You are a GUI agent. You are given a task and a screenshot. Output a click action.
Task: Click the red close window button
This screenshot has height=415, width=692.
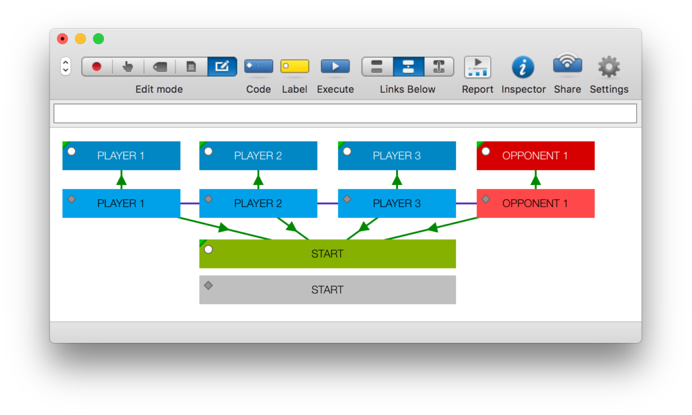click(62, 39)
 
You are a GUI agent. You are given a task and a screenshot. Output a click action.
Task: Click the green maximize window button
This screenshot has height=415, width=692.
click(99, 39)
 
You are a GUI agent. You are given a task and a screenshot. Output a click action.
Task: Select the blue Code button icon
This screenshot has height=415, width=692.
click(258, 66)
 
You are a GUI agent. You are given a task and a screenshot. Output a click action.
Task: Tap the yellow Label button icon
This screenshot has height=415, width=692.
click(295, 66)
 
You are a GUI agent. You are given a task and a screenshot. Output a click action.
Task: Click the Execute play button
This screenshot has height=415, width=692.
click(335, 66)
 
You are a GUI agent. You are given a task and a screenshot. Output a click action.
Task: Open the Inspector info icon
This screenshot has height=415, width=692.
click(523, 67)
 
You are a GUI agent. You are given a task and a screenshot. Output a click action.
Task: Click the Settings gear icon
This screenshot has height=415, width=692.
click(609, 67)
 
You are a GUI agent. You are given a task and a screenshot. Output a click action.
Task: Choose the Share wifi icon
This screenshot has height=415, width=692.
click(567, 65)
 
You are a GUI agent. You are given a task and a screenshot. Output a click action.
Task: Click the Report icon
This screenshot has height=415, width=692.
click(477, 67)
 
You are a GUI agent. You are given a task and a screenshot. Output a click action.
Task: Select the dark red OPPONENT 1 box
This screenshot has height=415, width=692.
click(536, 156)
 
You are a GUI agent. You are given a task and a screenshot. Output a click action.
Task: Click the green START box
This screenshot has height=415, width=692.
click(328, 254)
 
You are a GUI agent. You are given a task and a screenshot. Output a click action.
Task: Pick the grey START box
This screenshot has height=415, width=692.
click(328, 290)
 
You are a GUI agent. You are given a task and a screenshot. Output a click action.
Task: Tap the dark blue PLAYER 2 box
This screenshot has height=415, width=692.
click(258, 156)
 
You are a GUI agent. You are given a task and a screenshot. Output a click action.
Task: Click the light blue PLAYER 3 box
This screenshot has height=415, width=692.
click(397, 203)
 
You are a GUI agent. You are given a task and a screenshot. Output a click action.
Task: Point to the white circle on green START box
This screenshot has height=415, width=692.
click(208, 250)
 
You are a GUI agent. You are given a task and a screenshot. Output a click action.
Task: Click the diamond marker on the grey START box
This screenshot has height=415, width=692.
click(208, 285)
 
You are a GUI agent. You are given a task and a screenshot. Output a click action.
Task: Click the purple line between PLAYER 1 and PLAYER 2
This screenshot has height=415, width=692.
click(190, 203)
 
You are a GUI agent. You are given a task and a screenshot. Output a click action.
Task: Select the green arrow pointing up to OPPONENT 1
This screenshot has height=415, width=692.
click(536, 180)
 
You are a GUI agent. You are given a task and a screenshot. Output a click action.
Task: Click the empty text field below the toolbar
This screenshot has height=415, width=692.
click(345, 114)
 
